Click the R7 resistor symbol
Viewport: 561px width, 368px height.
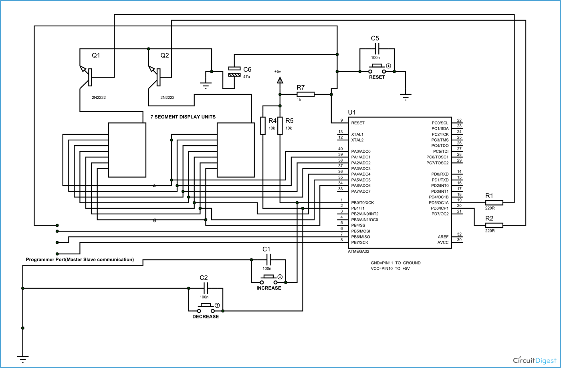305,94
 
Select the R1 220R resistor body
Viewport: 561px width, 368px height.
494,203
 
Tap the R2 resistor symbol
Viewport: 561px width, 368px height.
494,226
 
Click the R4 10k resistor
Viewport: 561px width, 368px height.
263,126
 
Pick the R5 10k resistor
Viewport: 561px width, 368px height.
280,126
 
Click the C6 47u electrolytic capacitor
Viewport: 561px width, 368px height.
234,72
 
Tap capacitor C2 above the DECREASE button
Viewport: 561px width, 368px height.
206,288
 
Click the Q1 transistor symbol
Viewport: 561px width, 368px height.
88,76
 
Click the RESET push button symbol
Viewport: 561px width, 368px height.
377,69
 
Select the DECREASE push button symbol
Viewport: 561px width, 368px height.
206,308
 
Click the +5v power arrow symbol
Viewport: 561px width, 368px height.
280,80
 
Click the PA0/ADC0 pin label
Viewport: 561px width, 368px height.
361,152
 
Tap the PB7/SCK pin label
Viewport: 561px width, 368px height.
359,242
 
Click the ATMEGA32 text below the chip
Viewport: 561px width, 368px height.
358,252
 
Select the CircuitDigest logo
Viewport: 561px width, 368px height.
535,360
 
